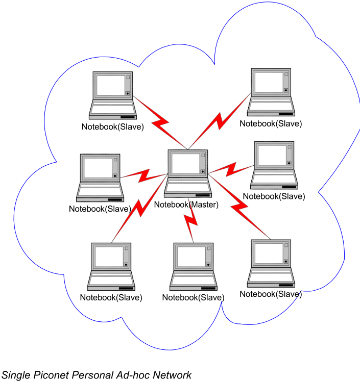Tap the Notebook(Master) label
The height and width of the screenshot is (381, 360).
tap(186, 205)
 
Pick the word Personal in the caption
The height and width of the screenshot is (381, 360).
tap(94, 375)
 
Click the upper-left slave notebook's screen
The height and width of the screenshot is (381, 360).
tap(111, 85)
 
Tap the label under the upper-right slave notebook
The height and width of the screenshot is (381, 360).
tap(271, 123)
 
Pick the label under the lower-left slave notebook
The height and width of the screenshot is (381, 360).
tap(111, 297)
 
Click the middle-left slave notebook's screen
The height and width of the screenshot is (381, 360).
tap(98, 167)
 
